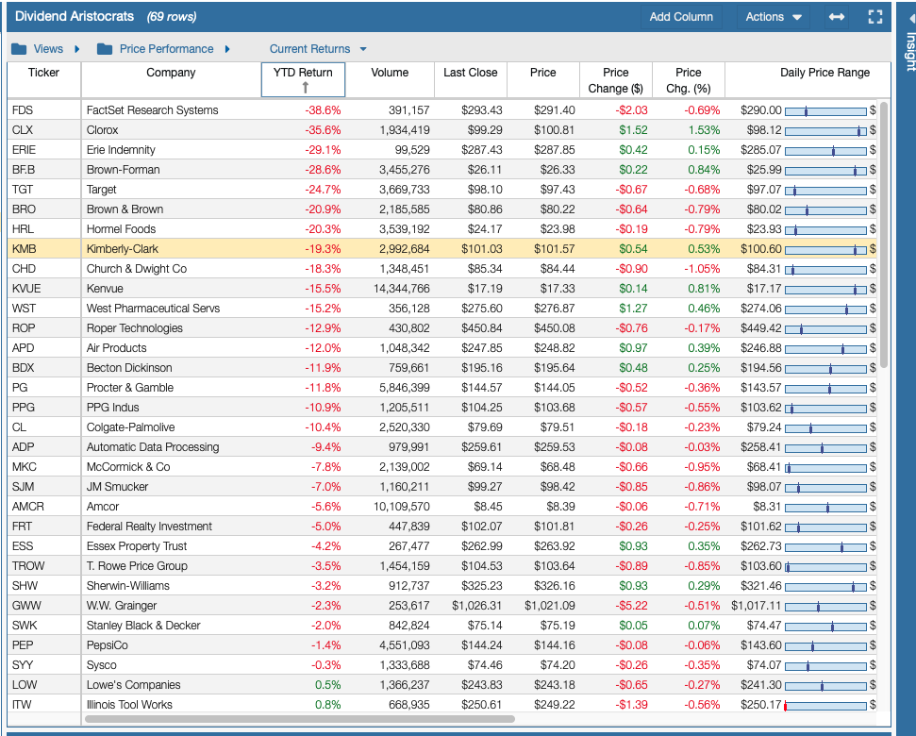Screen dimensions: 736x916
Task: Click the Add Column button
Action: [681, 17]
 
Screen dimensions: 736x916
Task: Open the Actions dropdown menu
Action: [773, 17]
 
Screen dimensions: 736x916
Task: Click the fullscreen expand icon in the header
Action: [874, 17]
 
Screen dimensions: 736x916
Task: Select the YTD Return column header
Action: [303, 73]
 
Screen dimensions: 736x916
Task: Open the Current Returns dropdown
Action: [318, 49]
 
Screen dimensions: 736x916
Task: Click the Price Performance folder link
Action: [166, 49]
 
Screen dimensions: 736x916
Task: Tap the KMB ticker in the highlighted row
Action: [24, 249]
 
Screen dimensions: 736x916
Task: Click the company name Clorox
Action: [103, 130]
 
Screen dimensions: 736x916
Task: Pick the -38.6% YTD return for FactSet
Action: [322, 110]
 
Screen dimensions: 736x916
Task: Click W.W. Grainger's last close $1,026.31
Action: [476, 606]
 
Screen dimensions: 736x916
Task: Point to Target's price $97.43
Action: [554, 190]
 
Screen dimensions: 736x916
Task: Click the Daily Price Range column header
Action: [824, 73]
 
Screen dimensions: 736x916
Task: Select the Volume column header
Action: [390, 73]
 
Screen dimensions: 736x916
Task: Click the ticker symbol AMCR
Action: [28, 507]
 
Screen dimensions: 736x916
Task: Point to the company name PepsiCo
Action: [108, 645]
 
